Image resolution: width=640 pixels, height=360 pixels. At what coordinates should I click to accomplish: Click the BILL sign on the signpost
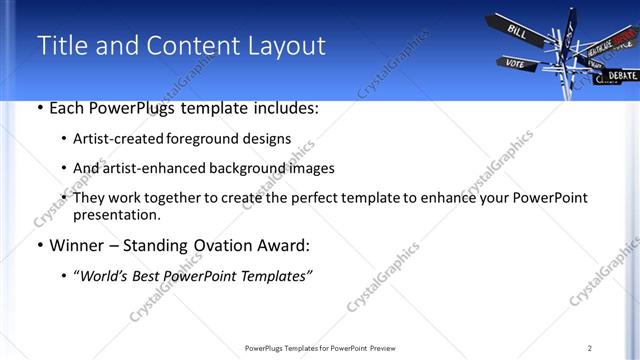(x=518, y=31)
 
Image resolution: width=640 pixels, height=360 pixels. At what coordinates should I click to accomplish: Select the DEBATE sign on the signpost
(x=621, y=75)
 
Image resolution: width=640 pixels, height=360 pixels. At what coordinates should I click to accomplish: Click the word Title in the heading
(x=61, y=46)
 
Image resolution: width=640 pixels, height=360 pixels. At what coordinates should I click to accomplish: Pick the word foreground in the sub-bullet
(x=208, y=140)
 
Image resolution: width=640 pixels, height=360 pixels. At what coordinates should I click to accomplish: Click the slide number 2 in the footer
(x=590, y=348)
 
